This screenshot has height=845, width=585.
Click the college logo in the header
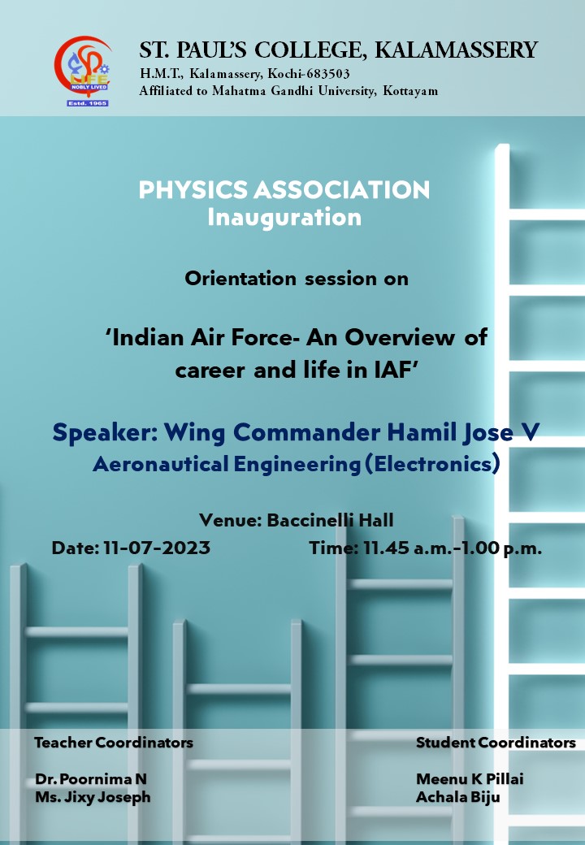pos(84,71)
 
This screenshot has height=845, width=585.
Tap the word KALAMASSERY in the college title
pos(457,50)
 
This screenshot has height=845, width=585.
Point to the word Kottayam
pos(410,90)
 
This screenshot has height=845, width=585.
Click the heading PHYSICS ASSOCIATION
pos(284,189)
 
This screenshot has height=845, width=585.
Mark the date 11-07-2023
pos(157,548)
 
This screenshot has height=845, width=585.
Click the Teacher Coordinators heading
pos(114,743)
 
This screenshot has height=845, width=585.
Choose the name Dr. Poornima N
pos(91,779)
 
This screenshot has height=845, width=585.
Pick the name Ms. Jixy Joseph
pos(93,798)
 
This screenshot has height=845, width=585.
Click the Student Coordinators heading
pos(496,743)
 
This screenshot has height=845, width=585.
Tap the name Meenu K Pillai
pos(470,779)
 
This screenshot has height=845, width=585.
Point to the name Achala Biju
pos(458,798)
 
